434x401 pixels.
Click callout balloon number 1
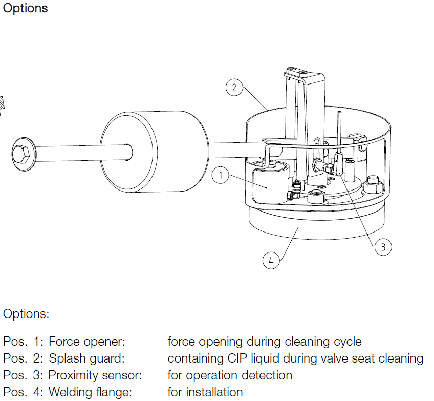(220, 176)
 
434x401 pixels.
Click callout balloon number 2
(234, 88)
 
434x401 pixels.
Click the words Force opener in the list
(86, 342)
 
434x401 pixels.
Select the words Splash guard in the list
(86, 358)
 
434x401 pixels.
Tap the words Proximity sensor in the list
(95, 375)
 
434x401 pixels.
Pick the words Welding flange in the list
(90, 392)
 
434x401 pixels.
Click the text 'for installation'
(205, 392)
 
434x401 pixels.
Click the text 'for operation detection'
(230, 375)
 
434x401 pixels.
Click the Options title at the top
(26, 8)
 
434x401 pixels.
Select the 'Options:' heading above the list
(27, 314)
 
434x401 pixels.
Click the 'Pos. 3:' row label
(24, 375)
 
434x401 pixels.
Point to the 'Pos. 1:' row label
(24, 342)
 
